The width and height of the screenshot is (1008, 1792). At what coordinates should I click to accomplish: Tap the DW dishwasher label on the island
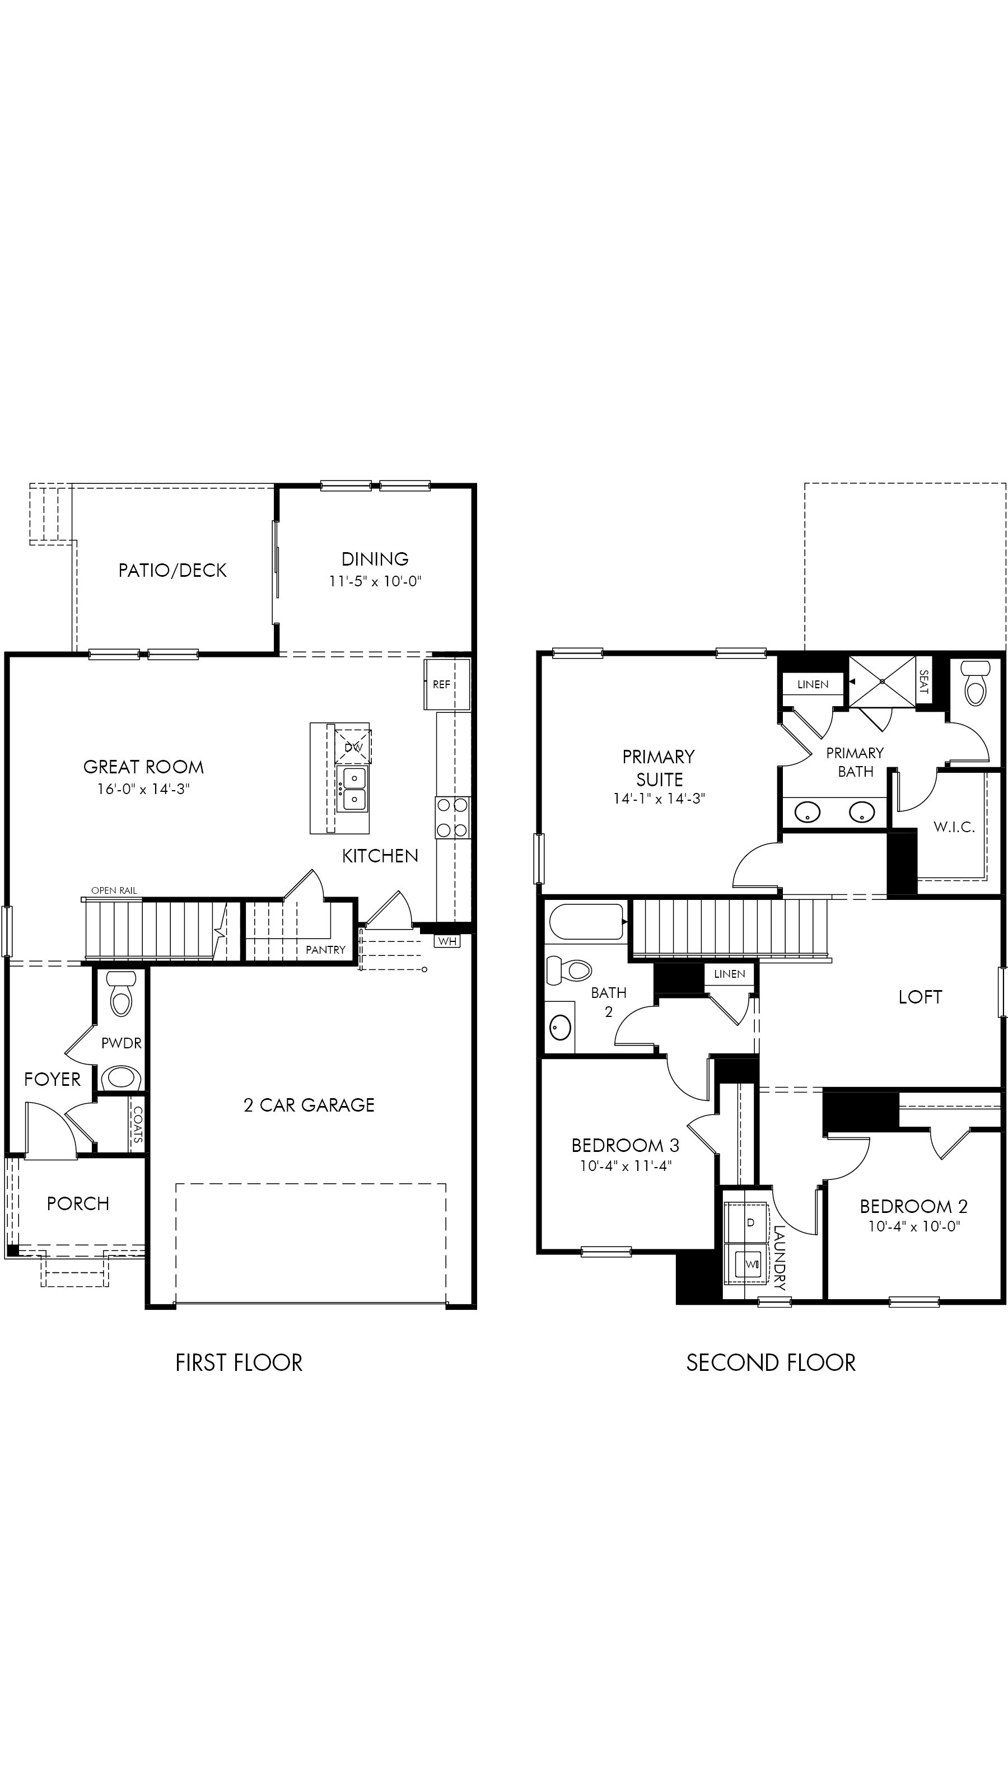(353, 747)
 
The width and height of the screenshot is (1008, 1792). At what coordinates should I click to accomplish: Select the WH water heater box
(447, 941)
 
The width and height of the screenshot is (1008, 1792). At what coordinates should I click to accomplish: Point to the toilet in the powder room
(121, 996)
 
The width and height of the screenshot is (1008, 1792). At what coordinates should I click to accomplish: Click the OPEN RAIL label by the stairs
(114, 890)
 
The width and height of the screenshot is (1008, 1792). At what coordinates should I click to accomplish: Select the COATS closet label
(138, 1125)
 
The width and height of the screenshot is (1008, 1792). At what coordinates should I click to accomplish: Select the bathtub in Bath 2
(586, 922)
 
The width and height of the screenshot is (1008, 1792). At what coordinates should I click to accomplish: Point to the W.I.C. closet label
(954, 827)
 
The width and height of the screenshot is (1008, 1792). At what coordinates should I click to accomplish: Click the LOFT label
(920, 997)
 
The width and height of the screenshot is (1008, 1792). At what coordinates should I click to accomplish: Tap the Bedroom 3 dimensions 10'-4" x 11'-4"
(626, 1166)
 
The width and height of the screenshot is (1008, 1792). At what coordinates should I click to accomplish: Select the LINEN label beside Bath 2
(729, 974)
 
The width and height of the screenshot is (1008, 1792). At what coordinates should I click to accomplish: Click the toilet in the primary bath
(974, 683)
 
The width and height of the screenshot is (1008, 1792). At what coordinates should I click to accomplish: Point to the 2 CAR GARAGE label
(309, 1105)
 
